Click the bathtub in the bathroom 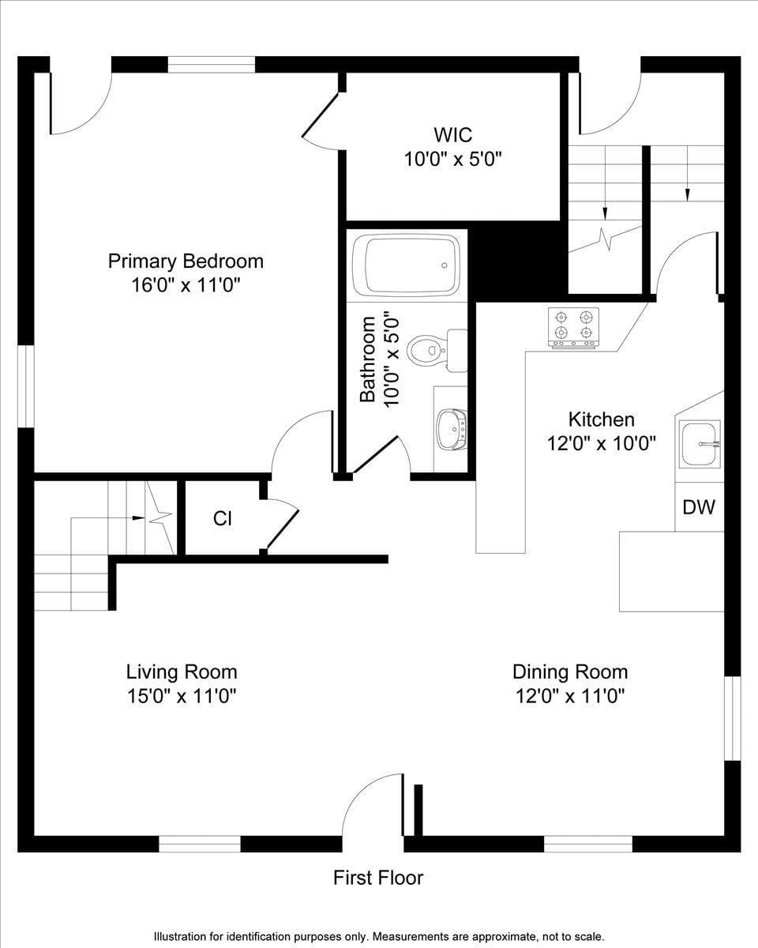(406, 265)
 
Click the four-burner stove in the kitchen (574, 326)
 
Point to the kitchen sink (700, 444)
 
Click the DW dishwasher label (699, 507)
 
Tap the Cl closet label (222, 519)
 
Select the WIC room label (452, 134)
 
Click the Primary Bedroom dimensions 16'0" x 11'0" (186, 284)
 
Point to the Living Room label (182, 671)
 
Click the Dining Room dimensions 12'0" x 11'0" (570, 696)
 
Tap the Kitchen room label (602, 419)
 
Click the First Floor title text (378, 877)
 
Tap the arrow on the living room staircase (138, 518)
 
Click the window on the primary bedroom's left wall (26, 387)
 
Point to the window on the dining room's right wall (732, 718)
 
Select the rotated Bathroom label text (368, 359)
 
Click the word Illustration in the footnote (182, 936)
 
